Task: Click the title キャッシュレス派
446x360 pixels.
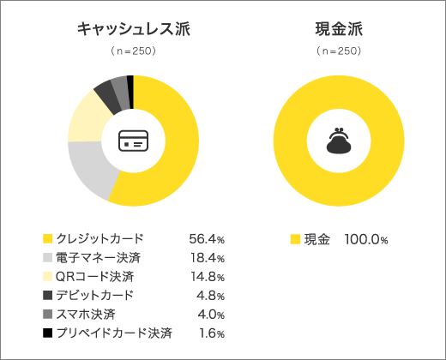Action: [133, 30]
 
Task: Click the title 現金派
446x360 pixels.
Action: [339, 30]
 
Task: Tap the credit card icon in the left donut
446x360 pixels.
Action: [133, 141]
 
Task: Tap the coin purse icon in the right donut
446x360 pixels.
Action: [339, 141]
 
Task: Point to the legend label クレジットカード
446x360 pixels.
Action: [99, 238]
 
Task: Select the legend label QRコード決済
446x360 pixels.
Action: [94, 276]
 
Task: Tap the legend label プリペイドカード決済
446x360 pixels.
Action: [114, 333]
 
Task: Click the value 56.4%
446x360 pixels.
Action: [207, 238]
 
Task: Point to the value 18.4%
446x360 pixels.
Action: [207, 257]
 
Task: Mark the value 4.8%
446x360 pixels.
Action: [209, 295]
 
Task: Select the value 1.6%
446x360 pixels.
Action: [209, 333]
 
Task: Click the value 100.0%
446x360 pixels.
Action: [366, 238]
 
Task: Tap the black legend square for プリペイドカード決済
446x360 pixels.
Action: [47, 333]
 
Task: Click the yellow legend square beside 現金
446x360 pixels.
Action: [295, 238]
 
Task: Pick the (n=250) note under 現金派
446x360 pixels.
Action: [339, 51]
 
